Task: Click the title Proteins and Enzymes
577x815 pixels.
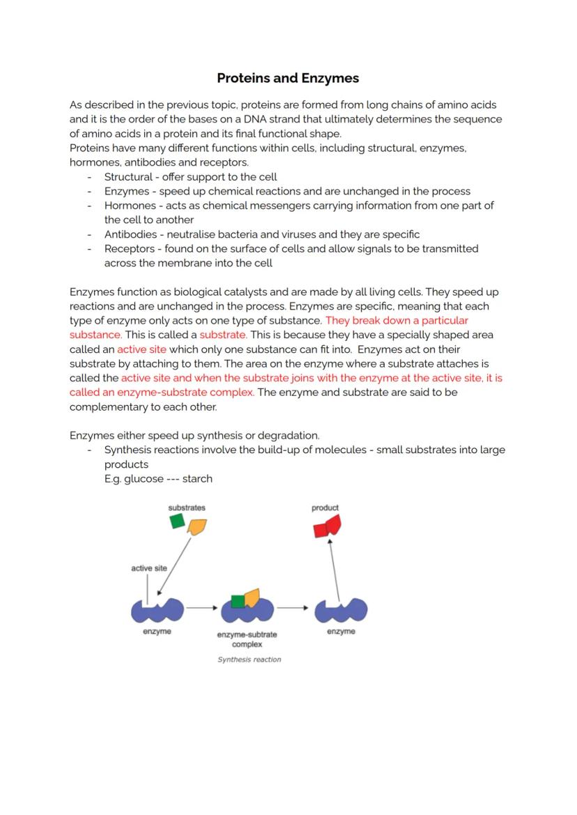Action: [288, 78]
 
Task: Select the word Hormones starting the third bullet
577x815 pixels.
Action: [127, 206]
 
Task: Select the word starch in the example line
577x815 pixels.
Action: [197, 479]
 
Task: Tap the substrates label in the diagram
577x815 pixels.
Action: [187, 508]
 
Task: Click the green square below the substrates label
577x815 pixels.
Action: [177, 521]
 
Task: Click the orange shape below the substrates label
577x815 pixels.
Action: [197, 527]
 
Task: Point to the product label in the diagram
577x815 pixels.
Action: [325, 508]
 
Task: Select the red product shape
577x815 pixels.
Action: [327, 526]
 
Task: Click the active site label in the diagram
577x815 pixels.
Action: [149, 568]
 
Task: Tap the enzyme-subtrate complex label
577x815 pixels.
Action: [247, 639]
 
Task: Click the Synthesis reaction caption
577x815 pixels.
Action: [249, 660]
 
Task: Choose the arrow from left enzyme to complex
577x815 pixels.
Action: [202, 608]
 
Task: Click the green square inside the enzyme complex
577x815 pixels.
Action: [238, 601]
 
